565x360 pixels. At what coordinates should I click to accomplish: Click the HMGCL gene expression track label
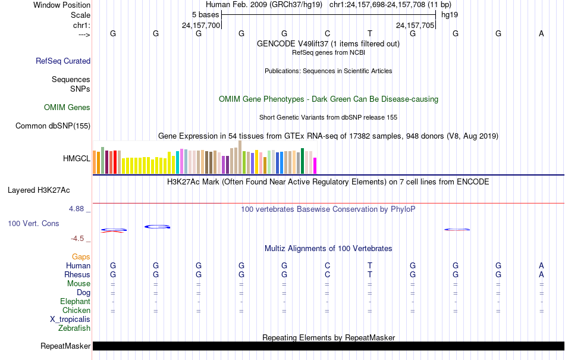pos(77,159)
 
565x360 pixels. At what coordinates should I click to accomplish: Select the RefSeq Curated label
pos(63,61)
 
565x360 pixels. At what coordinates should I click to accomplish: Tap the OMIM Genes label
pos(67,108)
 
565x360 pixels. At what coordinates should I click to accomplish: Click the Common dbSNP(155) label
pos(53,126)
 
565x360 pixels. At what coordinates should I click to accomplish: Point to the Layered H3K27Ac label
pos(39,190)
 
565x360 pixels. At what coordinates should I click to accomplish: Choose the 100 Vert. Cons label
pos(33,223)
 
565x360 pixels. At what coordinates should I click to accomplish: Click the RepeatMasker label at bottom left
pos(65,346)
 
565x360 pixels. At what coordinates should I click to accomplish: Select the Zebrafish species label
pos(74,328)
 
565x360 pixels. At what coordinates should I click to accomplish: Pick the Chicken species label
pos(76,310)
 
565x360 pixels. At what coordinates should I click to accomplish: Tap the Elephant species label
pos(76,302)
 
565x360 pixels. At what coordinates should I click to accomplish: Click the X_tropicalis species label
pos(70,319)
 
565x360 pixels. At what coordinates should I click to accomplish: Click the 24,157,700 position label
pos(201,25)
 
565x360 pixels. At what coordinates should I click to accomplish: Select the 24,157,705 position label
pos(415,25)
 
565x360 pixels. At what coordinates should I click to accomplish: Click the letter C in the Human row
pos(327,266)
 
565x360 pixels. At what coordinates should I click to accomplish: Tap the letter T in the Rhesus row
pos(370,275)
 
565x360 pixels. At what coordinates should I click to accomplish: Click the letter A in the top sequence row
pos(541,34)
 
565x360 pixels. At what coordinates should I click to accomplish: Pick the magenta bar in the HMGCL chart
pos(315,165)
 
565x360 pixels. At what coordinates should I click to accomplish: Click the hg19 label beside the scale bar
pos(450,14)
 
